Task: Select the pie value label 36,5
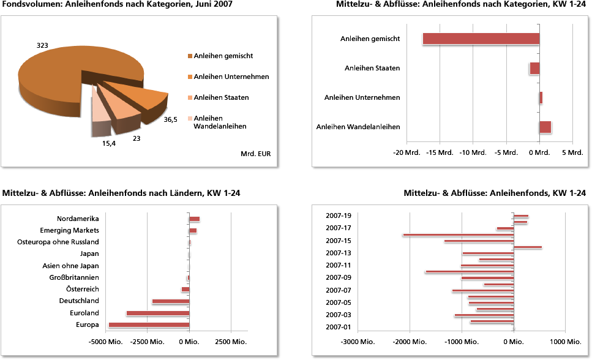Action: (x=170, y=120)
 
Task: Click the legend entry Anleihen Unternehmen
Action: (x=231, y=77)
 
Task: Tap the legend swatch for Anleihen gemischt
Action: (x=190, y=56)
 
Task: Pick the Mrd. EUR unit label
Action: (x=257, y=153)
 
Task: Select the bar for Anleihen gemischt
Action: (x=481, y=39)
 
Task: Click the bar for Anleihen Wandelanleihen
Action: (x=545, y=127)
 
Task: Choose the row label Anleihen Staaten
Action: (x=372, y=68)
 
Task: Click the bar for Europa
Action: (x=149, y=325)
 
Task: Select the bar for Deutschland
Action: (x=171, y=301)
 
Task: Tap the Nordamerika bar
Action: (x=195, y=219)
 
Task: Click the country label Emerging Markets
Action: (x=69, y=231)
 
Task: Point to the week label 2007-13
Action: (x=339, y=253)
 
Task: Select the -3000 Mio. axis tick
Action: (x=358, y=342)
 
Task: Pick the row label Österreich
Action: (x=83, y=289)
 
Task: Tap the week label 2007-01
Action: (x=339, y=327)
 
